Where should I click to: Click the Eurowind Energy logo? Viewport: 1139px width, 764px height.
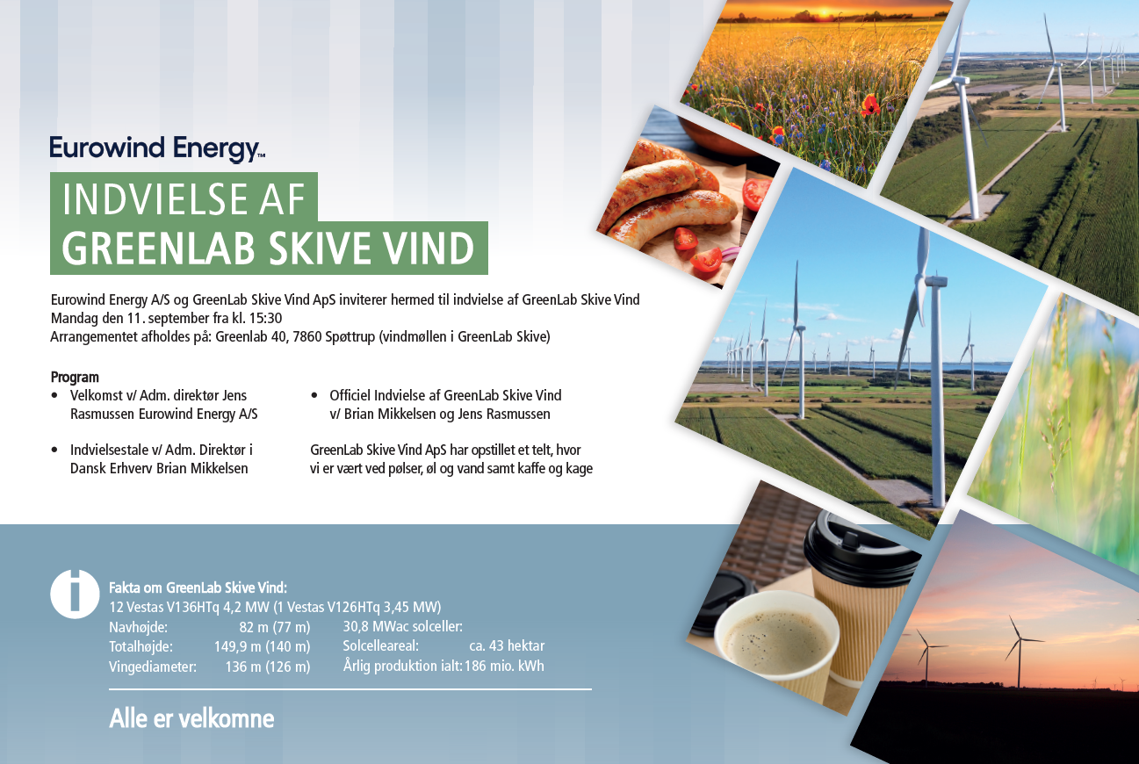click(x=157, y=149)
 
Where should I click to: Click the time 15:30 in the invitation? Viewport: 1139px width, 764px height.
click(x=265, y=318)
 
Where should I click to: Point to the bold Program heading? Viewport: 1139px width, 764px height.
click(x=75, y=378)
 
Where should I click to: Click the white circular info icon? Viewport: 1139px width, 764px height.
click(x=75, y=594)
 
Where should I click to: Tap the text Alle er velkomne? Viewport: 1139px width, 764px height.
click(x=191, y=718)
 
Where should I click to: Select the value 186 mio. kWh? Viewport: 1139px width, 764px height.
click(x=504, y=666)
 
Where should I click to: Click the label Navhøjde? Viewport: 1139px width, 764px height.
click(x=138, y=628)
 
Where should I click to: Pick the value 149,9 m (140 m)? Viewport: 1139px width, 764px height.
click(x=262, y=646)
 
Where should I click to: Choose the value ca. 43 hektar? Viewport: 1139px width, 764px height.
click(x=507, y=646)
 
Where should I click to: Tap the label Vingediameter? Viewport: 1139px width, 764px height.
click(x=153, y=667)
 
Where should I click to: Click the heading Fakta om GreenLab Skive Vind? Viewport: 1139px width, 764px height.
click(x=198, y=588)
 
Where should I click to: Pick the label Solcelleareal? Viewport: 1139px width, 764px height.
click(x=380, y=646)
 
